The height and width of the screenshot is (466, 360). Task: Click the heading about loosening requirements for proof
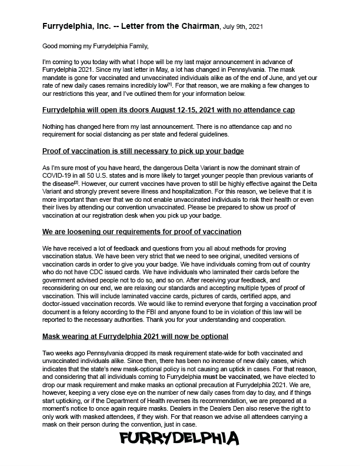click(142, 232)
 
